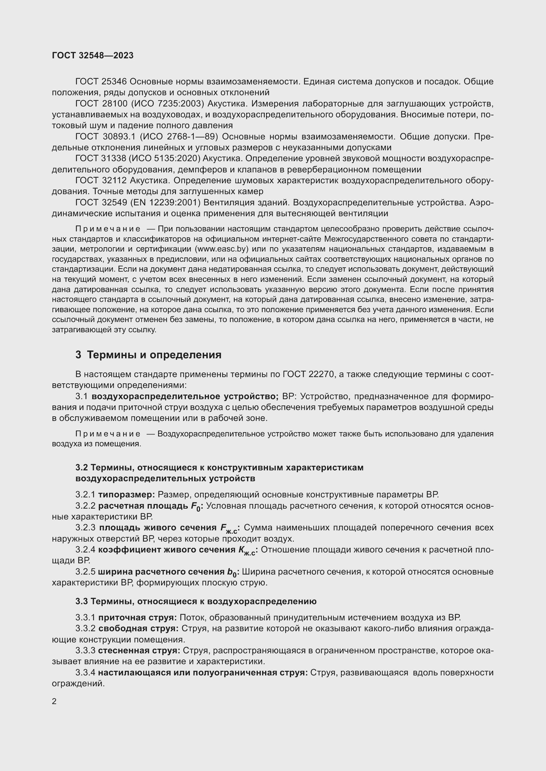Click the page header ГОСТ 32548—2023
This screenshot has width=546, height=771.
(92, 55)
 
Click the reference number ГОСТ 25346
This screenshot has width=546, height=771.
(101, 82)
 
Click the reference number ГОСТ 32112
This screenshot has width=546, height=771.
(101, 181)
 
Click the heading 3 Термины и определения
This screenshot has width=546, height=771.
(148, 355)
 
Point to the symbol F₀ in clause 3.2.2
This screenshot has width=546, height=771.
(196, 506)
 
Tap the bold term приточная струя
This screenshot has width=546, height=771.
(138, 617)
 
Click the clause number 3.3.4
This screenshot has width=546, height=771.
(85, 673)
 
